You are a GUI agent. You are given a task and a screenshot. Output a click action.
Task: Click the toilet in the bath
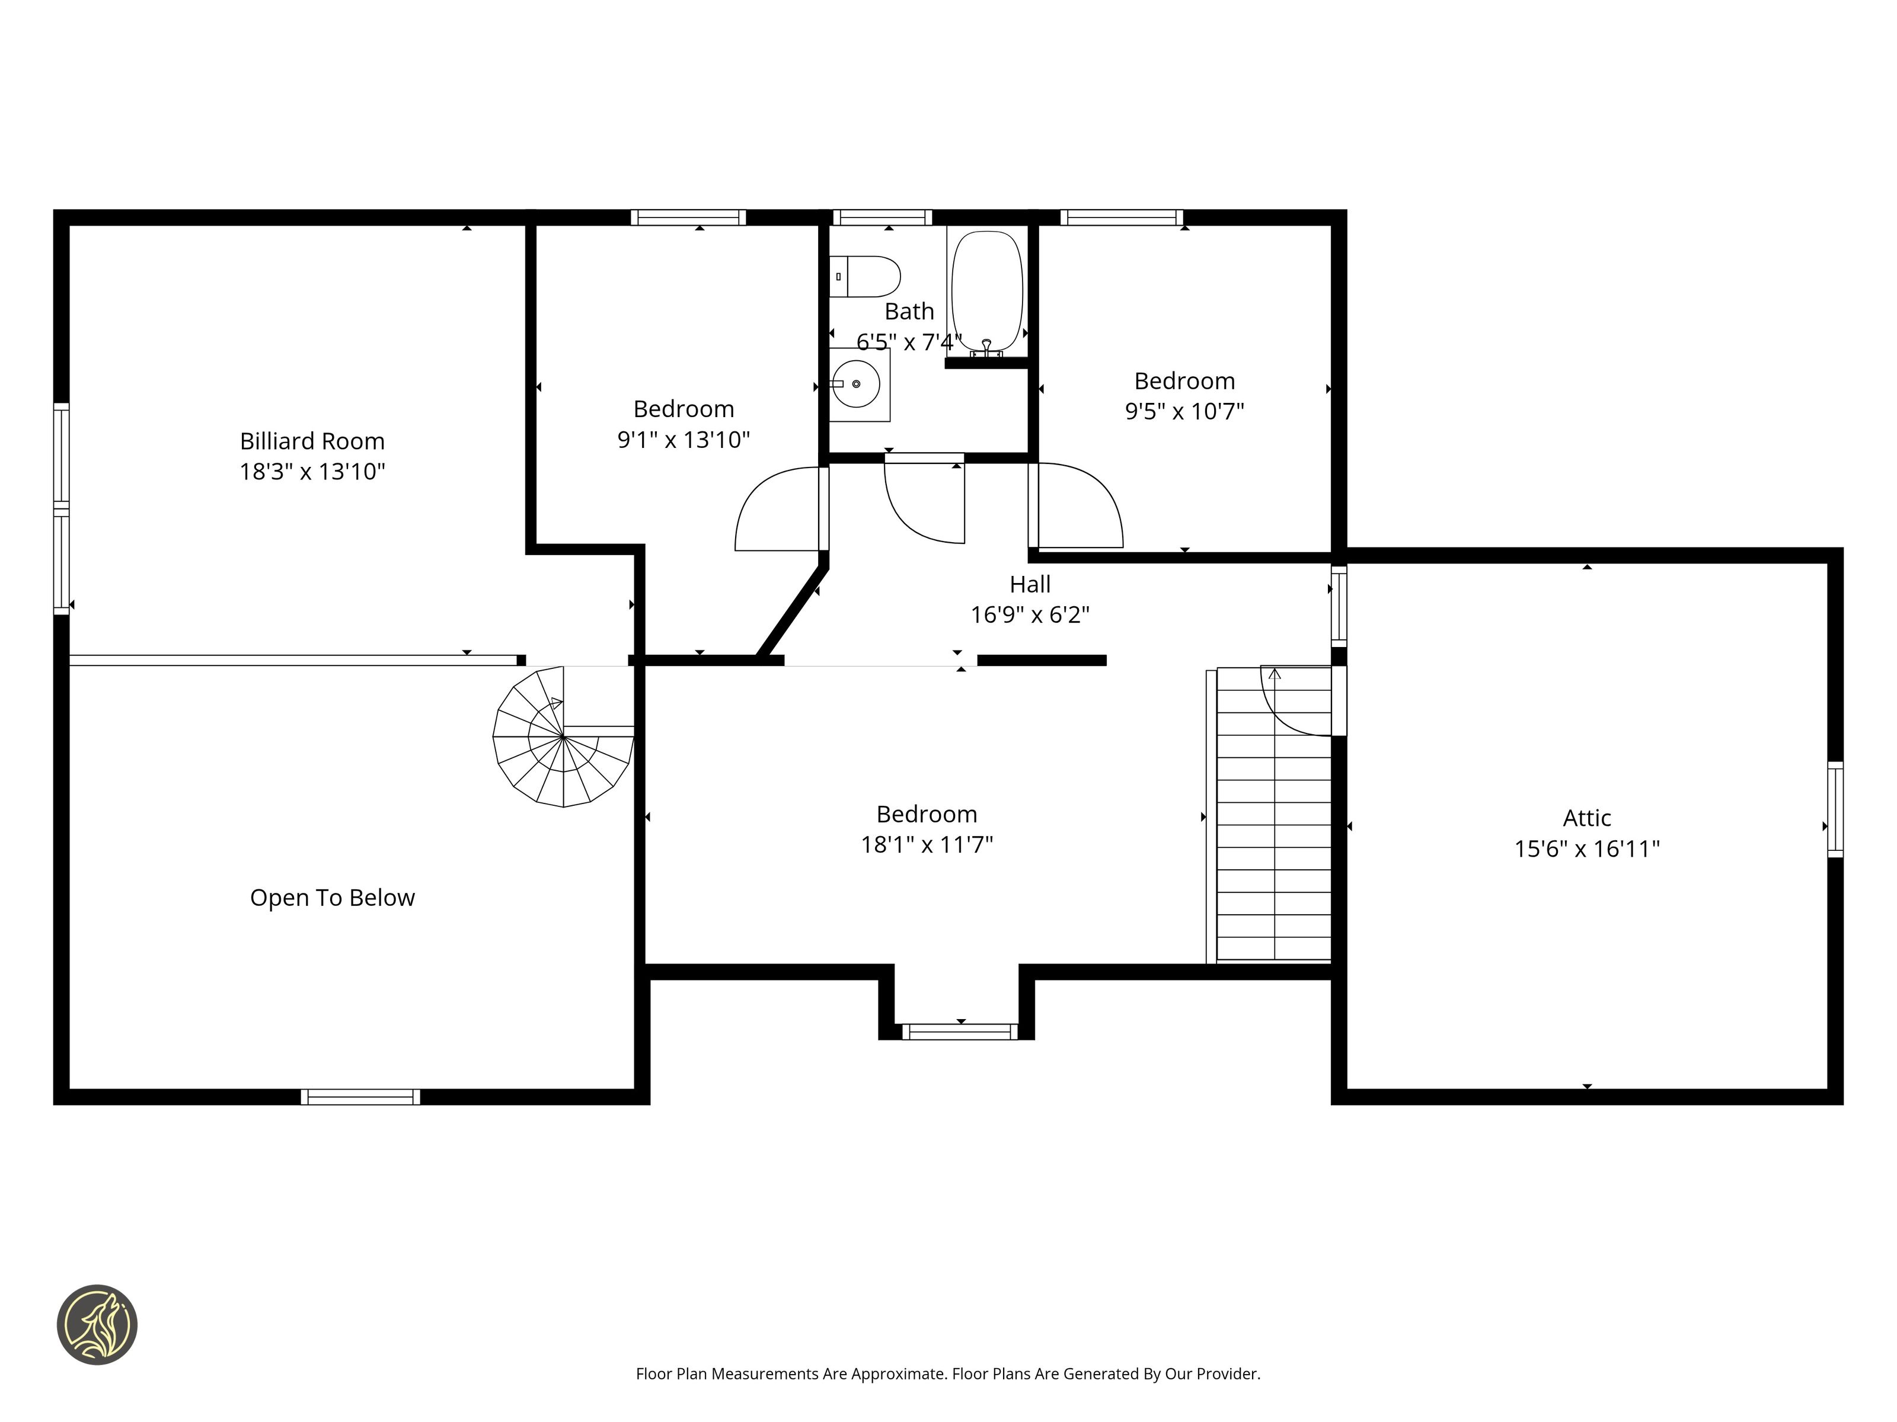click(x=864, y=276)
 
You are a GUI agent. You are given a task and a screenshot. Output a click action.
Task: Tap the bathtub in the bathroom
click(x=987, y=292)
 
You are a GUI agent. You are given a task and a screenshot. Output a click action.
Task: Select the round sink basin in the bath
click(x=857, y=384)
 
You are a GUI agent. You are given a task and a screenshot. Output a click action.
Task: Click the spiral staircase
click(x=563, y=737)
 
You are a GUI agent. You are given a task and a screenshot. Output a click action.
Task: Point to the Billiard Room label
click(x=312, y=441)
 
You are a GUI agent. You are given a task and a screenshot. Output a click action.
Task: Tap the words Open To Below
click(x=333, y=898)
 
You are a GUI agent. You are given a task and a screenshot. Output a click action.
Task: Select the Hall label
click(x=1030, y=585)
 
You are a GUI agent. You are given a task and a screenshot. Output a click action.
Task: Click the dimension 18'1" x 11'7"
click(x=927, y=844)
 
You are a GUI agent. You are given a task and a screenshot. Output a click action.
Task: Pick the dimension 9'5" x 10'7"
click(x=1184, y=411)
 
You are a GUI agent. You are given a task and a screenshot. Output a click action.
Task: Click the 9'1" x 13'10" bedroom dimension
click(x=684, y=440)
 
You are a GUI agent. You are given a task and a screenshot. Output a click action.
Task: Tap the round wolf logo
click(x=97, y=1324)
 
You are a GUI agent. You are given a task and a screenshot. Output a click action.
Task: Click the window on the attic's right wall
click(x=1835, y=809)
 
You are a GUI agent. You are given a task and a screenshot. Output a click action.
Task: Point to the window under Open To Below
click(x=360, y=1097)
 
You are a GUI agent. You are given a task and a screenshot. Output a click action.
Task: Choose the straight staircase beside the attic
click(x=1273, y=814)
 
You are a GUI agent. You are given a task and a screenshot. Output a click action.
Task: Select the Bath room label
click(x=909, y=311)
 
